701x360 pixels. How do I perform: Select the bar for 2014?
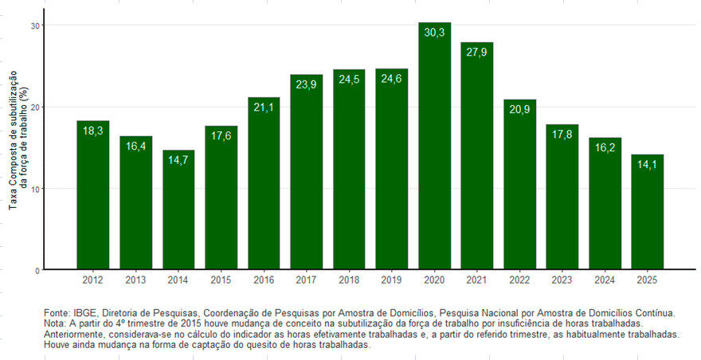(178, 211)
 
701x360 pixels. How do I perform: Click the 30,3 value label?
(434, 33)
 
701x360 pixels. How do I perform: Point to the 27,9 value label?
(477, 53)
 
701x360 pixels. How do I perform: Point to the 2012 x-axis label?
(93, 280)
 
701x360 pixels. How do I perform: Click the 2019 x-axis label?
(391, 280)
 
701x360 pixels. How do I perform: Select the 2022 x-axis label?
(519, 280)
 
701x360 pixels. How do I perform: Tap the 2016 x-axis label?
(264, 280)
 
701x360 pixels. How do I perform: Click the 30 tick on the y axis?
(35, 25)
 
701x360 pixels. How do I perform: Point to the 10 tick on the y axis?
(35, 189)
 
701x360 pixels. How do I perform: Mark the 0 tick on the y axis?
(37, 271)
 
